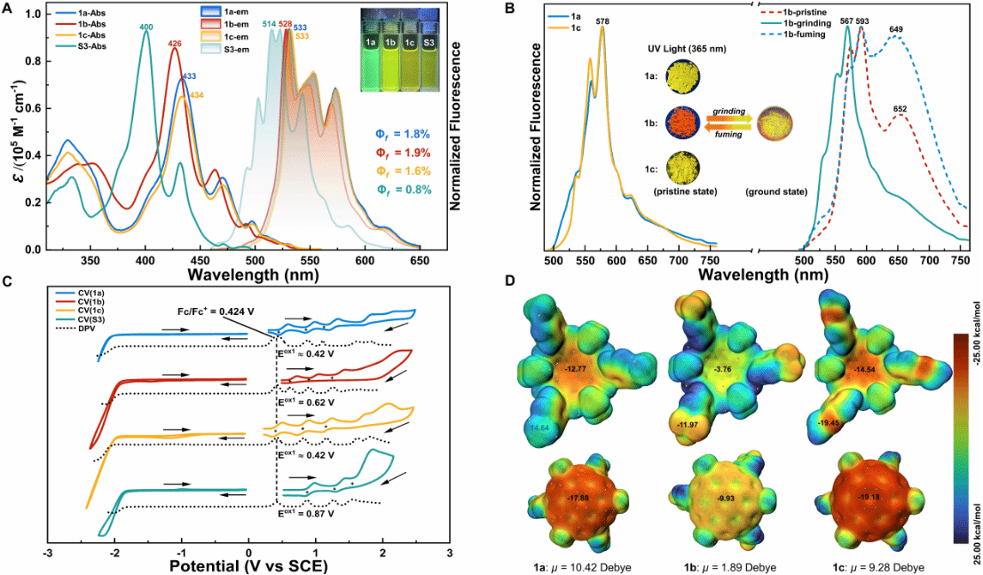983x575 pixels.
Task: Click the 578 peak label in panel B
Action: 602,20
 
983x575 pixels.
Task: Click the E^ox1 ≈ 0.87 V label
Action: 306,514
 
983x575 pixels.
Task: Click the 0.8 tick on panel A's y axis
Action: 29,61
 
